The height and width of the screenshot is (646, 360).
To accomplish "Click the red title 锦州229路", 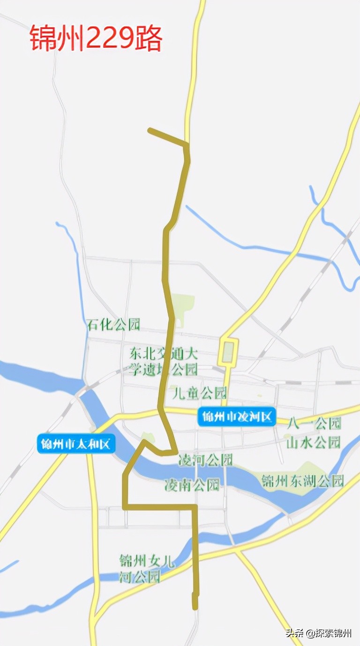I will (x=96, y=38).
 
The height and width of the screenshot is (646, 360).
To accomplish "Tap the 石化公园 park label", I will (x=113, y=324).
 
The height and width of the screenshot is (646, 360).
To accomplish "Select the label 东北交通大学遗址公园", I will (x=164, y=361).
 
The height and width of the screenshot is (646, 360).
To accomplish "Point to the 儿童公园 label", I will (x=200, y=392).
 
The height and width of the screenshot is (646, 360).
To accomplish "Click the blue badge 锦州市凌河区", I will (x=237, y=417).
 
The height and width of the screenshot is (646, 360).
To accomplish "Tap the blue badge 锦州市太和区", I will (x=76, y=444).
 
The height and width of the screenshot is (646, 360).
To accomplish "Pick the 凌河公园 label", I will (x=205, y=460).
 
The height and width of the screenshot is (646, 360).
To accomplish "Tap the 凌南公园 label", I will (x=192, y=485).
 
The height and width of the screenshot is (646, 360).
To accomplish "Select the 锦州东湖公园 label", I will (x=303, y=481).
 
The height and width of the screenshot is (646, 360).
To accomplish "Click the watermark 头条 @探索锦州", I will (x=319, y=633).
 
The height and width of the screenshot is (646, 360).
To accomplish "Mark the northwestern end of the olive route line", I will (x=150, y=130).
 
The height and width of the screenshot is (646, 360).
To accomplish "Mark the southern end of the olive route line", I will (x=195, y=608).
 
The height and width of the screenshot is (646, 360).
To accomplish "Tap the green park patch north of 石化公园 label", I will (x=182, y=307).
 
